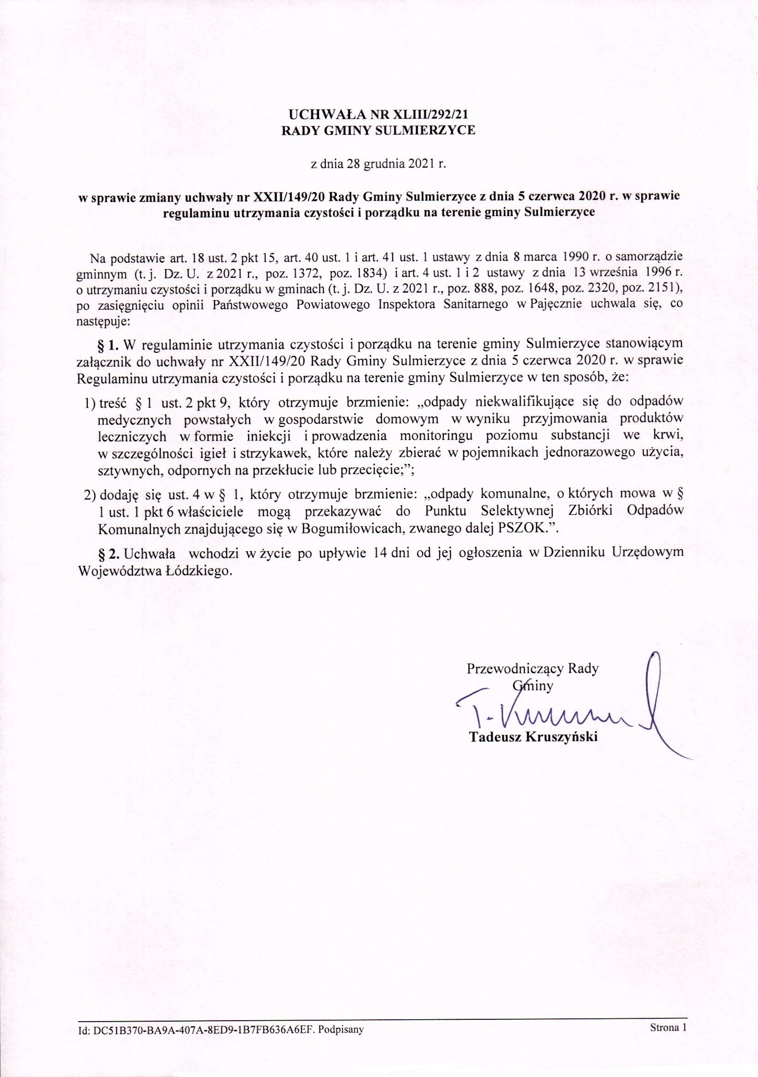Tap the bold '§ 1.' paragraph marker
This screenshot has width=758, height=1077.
coord(108,345)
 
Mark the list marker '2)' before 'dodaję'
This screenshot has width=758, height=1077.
coord(90,495)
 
